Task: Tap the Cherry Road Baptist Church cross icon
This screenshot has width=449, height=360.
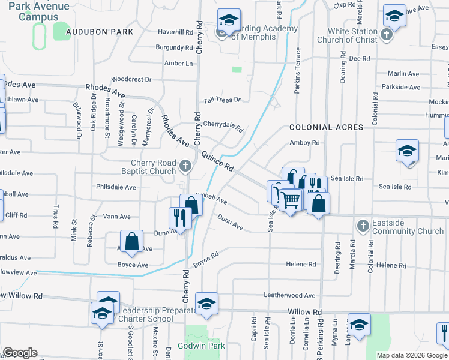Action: [x=186, y=165]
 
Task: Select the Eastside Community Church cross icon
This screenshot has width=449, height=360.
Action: [x=362, y=226]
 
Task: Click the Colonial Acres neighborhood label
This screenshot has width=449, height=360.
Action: [x=327, y=127]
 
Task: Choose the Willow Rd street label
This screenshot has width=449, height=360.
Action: [x=305, y=313]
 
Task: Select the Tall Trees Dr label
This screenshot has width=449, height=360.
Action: [x=221, y=100]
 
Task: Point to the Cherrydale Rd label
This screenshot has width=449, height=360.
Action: [x=223, y=125]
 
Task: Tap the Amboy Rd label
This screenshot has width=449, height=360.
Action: [x=304, y=143]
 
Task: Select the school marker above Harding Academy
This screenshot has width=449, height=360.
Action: [x=228, y=19]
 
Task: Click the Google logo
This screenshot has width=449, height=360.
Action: [x=20, y=353]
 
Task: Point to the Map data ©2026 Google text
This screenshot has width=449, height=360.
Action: [x=411, y=355]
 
